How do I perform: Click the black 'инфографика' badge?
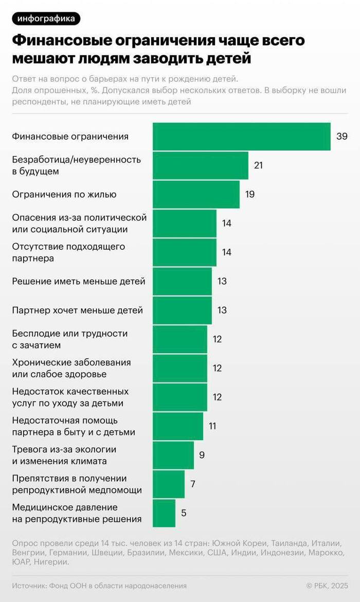[46, 19]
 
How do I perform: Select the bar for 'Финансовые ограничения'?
[241, 137]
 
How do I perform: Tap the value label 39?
[342, 136]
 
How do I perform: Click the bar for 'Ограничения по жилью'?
[196, 194]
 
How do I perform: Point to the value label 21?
[259, 165]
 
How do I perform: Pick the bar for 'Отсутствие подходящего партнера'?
[184, 252]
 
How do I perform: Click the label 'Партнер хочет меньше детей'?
[77, 311]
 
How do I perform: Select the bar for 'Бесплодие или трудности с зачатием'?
[179, 339]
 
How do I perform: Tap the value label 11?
[212, 426]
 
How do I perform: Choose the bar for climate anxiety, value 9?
[173, 455]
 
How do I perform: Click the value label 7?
[193, 484]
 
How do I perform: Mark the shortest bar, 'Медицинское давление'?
[164, 513]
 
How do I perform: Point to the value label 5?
[184, 513]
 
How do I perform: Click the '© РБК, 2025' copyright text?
[327, 586]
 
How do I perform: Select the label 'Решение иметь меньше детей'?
[79, 282]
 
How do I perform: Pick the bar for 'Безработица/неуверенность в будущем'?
[200, 166]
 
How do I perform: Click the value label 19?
[250, 194]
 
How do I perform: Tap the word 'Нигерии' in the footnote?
[51, 562]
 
